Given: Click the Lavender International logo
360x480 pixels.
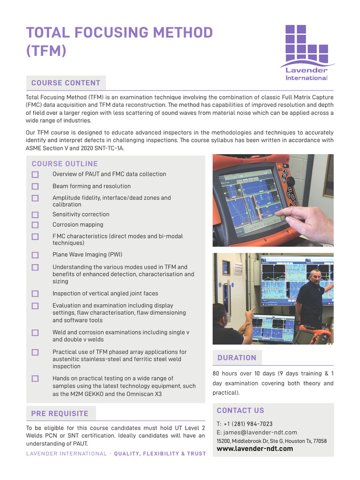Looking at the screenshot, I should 307,52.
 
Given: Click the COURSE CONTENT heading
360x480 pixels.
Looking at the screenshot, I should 66,83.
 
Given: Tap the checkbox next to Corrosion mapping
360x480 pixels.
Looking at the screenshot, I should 35,225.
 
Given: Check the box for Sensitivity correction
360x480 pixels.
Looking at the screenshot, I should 35,215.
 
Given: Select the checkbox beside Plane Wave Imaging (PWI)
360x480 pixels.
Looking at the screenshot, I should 35,255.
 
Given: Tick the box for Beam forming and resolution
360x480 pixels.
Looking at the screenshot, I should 35,187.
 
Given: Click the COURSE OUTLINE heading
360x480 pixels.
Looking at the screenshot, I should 65,164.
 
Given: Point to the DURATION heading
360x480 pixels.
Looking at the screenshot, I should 237,358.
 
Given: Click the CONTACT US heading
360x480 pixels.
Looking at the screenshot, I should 240,411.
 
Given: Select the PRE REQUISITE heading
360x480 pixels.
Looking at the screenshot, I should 60,413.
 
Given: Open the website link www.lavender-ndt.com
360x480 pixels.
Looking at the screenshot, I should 255,449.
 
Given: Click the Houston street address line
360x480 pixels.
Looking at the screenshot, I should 271,441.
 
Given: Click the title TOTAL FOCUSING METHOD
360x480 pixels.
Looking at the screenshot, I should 119,33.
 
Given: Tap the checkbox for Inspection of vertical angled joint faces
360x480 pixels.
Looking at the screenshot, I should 35,294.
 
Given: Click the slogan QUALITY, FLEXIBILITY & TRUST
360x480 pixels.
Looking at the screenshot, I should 160,454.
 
